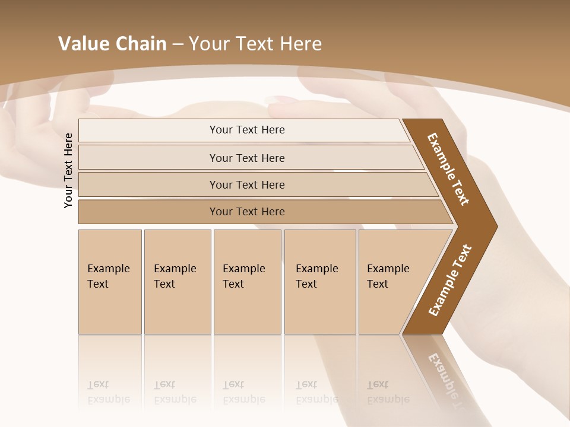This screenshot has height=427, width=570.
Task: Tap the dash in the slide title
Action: (178, 44)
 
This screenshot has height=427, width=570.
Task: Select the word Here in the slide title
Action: (300, 44)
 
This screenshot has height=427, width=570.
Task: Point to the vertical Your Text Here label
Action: (68, 170)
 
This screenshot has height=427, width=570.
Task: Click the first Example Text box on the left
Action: (110, 282)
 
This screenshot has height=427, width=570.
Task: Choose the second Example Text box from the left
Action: (178, 282)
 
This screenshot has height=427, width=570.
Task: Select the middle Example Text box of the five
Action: (247, 282)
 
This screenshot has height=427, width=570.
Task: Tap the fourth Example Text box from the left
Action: (320, 282)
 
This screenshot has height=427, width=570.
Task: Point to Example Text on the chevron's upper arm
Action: (448, 169)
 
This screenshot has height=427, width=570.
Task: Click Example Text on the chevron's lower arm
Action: (450, 280)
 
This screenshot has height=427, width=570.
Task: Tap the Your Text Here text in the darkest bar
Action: (247, 212)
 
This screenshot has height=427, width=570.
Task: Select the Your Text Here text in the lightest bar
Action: (247, 130)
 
